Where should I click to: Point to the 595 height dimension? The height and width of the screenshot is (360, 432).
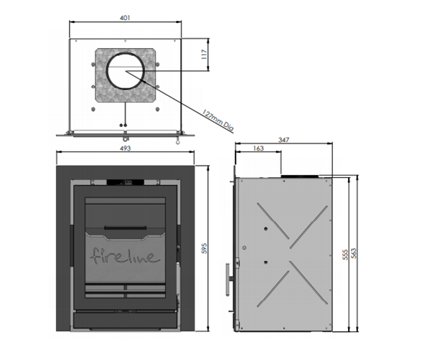204,248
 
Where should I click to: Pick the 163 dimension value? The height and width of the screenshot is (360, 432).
259,149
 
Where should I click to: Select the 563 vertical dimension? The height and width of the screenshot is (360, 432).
356,255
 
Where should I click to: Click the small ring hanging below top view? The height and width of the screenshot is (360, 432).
176,141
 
